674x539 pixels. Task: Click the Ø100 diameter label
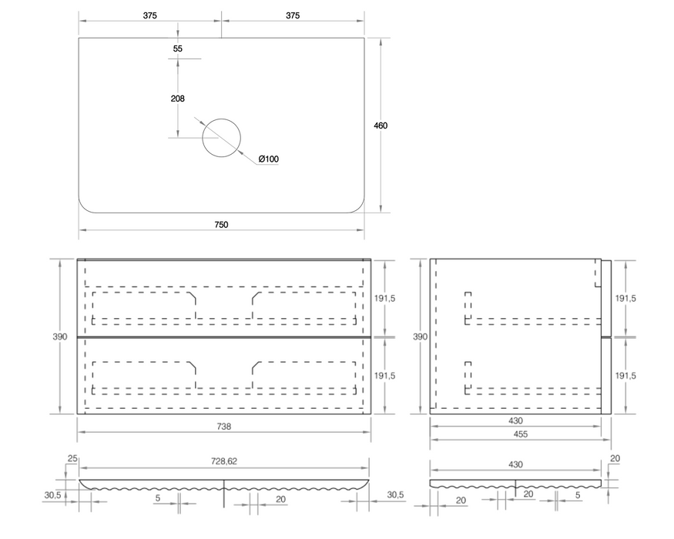[269, 159]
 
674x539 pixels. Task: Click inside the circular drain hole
[221, 138]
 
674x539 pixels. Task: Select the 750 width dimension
[221, 224]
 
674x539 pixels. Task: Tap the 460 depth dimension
[381, 126]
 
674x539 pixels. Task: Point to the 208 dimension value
[177, 99]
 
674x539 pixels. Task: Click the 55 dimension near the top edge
[177, 49]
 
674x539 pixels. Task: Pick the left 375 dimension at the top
[149, 15]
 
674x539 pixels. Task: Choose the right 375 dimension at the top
[292, 15]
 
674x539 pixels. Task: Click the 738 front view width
[224, 427]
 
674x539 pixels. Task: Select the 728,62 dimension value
[224, 461]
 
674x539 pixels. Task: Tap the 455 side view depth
[521, 434]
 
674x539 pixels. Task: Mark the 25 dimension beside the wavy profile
[72, 459]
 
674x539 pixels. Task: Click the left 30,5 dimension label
[52, 495]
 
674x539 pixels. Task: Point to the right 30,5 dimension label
[395, 495]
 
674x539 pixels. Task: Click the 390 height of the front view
[60, 336]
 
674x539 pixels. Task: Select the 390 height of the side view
[420, 336]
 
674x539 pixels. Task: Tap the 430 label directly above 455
[515, 420]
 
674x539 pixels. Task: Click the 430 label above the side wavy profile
[515, 464]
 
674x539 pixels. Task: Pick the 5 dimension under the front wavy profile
[158, 497]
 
